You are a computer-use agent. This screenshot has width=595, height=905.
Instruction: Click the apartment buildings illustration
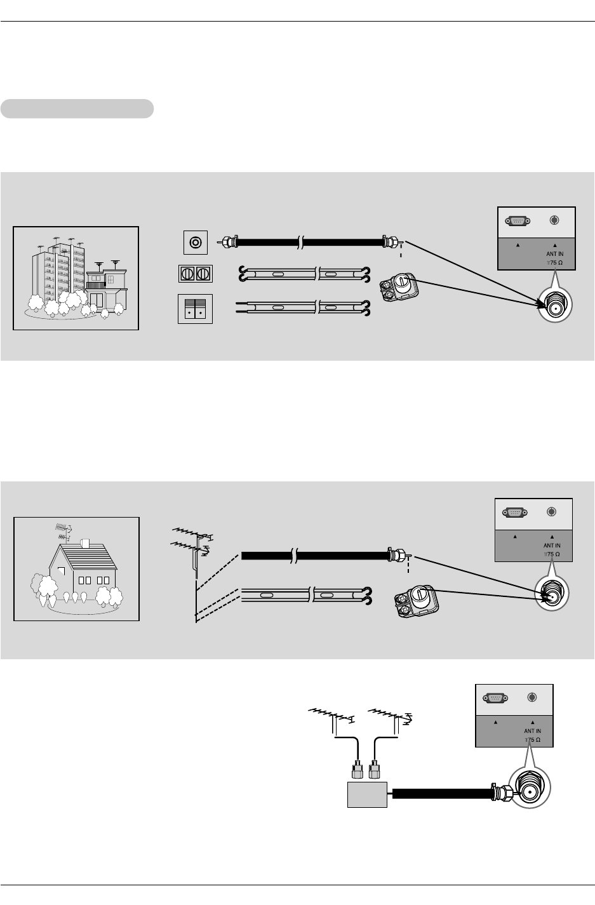76,278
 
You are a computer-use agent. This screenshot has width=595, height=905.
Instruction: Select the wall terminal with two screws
196,274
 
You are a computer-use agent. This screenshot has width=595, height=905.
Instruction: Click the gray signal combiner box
367,794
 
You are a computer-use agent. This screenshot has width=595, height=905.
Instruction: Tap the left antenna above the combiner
331,716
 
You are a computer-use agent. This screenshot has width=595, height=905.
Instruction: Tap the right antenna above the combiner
390,714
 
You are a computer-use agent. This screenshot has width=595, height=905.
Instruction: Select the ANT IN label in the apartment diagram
554,254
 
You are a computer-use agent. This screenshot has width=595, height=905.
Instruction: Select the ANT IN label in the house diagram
552,546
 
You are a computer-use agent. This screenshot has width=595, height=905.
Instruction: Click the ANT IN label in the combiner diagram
532,731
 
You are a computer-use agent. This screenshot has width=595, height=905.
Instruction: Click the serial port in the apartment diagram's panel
517,221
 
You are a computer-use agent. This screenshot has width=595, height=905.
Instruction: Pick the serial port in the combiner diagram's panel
495,698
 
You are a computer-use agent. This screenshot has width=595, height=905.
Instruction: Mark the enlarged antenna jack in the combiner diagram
532,791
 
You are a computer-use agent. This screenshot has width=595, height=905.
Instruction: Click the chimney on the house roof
84,544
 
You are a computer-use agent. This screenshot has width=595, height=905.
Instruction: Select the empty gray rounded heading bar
77,109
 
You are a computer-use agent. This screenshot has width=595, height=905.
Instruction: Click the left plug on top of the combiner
357,770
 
